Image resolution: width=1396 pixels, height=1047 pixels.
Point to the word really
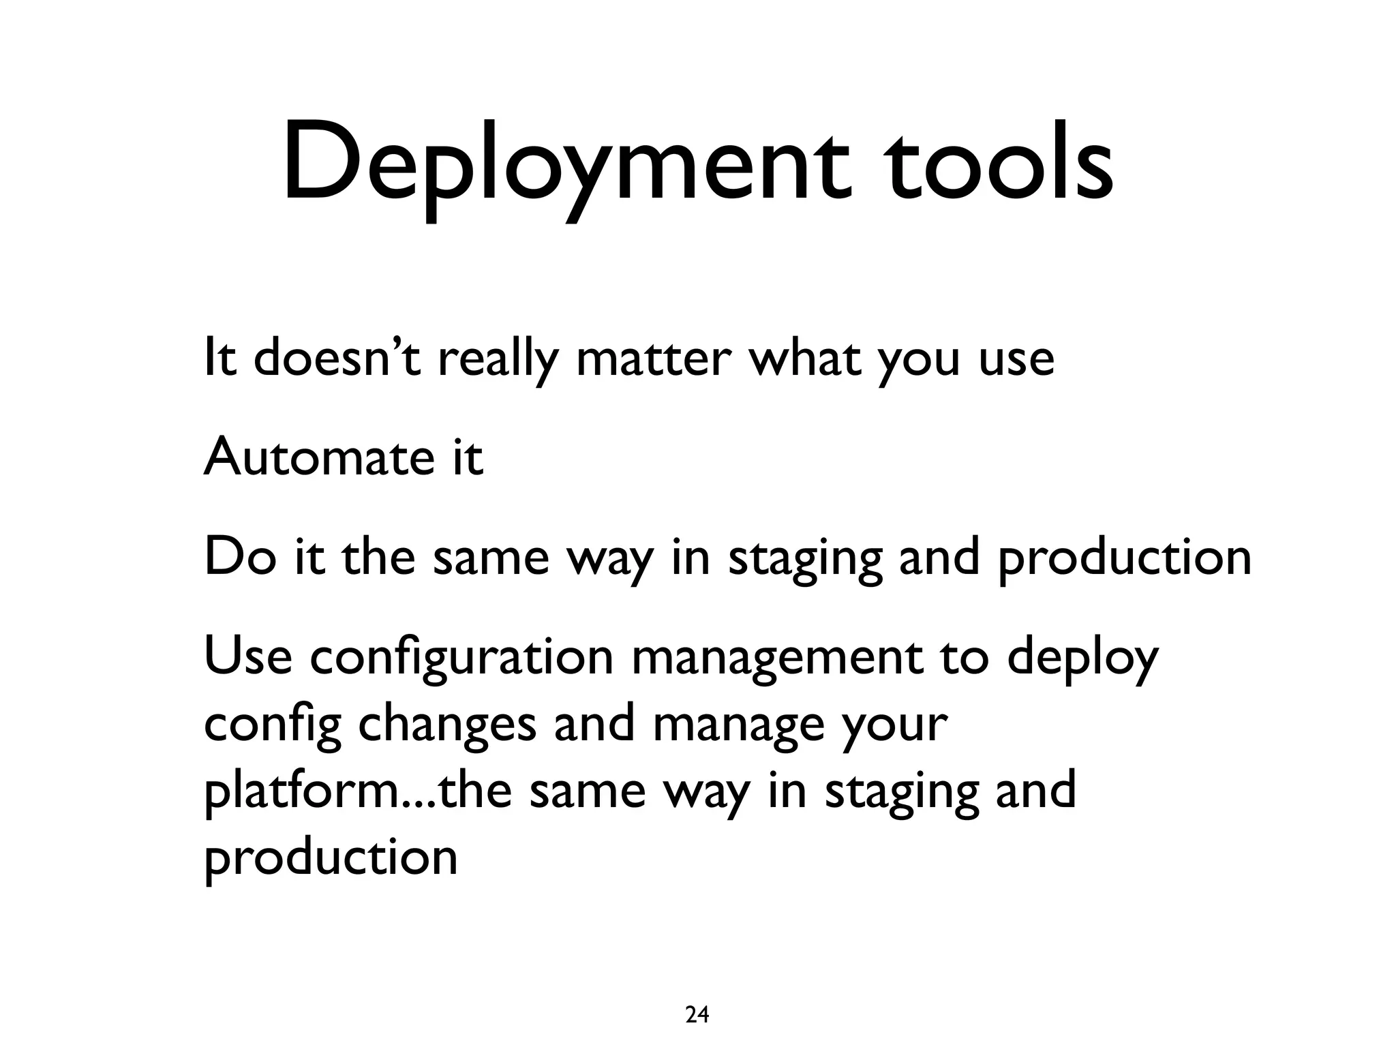pos(498,361)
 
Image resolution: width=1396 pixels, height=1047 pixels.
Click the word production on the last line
pos(331,858)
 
